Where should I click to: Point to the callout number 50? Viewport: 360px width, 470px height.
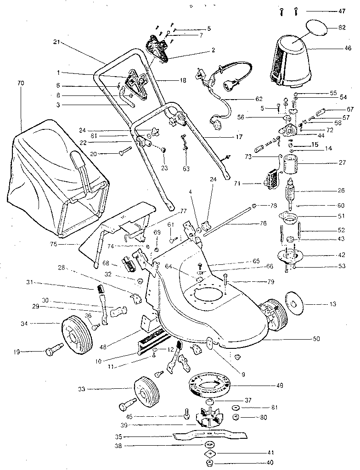coord(316,339)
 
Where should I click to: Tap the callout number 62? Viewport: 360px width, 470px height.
coord(259,99)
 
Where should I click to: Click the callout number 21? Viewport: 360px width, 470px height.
coord(57,42)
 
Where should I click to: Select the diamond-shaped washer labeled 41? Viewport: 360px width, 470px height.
coord(210,453)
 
